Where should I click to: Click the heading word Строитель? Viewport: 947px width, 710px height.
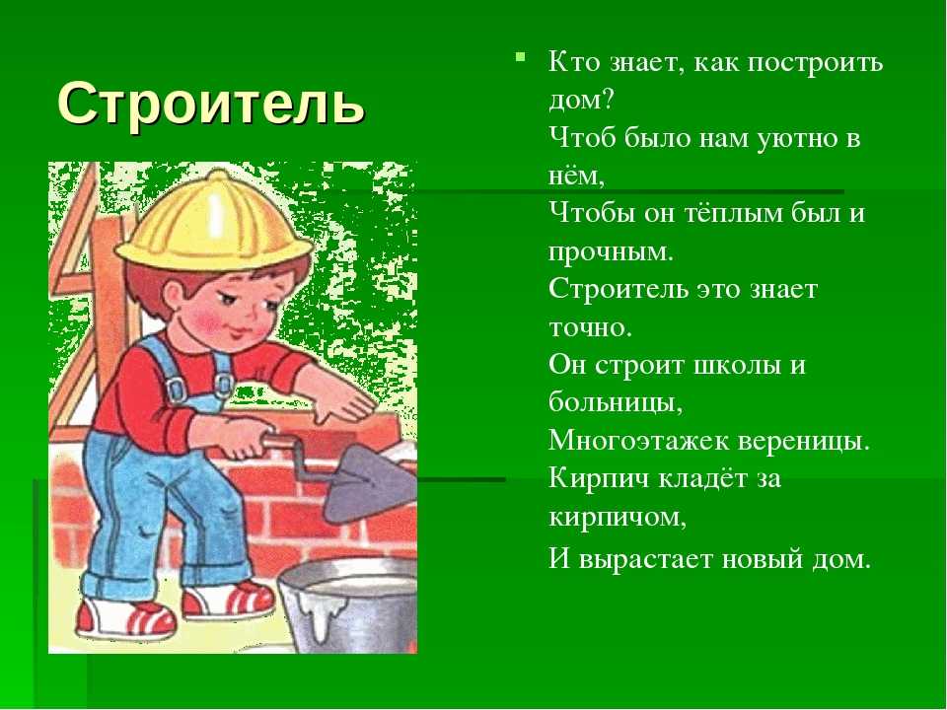click(x=212, y=103)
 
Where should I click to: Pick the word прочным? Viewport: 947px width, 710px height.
click(x=611, y=251)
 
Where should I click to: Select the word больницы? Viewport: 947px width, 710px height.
click(x=616, y=402)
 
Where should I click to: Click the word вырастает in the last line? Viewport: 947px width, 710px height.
click(x=646, y=559)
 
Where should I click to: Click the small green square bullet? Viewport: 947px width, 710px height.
click(x=520, y=57)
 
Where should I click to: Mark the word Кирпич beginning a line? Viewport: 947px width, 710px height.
click(x=599, y=478)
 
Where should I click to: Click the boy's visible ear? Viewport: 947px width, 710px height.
click(x=175, y=295)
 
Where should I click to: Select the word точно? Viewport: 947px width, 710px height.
click(x=590, y=327)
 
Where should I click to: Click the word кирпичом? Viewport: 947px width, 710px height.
click(x=618, y=517)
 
